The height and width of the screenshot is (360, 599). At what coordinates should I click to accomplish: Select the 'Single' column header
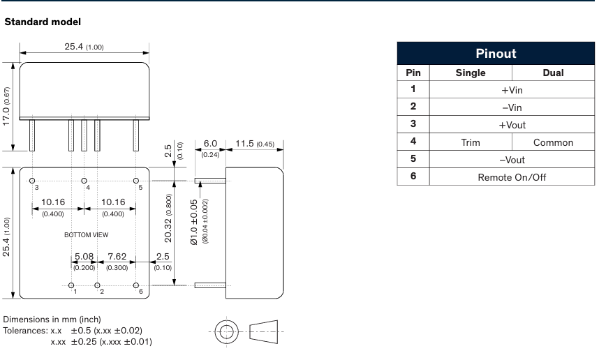point(471,73)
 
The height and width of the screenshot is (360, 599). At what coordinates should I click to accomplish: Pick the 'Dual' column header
point(552,73)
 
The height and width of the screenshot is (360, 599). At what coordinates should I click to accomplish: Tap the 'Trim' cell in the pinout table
point(471,142)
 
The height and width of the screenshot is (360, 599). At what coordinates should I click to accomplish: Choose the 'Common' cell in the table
point(552,142)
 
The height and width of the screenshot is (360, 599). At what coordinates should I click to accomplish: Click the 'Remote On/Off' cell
point(512,177)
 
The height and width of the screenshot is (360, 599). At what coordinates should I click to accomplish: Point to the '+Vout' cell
point(512,125)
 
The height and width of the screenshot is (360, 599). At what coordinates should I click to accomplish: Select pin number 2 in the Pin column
point(413,107)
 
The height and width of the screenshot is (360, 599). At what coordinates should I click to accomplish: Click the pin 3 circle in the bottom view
point(33,180)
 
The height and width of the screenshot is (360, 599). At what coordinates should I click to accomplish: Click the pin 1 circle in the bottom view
point(72,285)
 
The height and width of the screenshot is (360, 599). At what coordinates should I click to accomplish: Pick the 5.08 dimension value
point(84,257)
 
